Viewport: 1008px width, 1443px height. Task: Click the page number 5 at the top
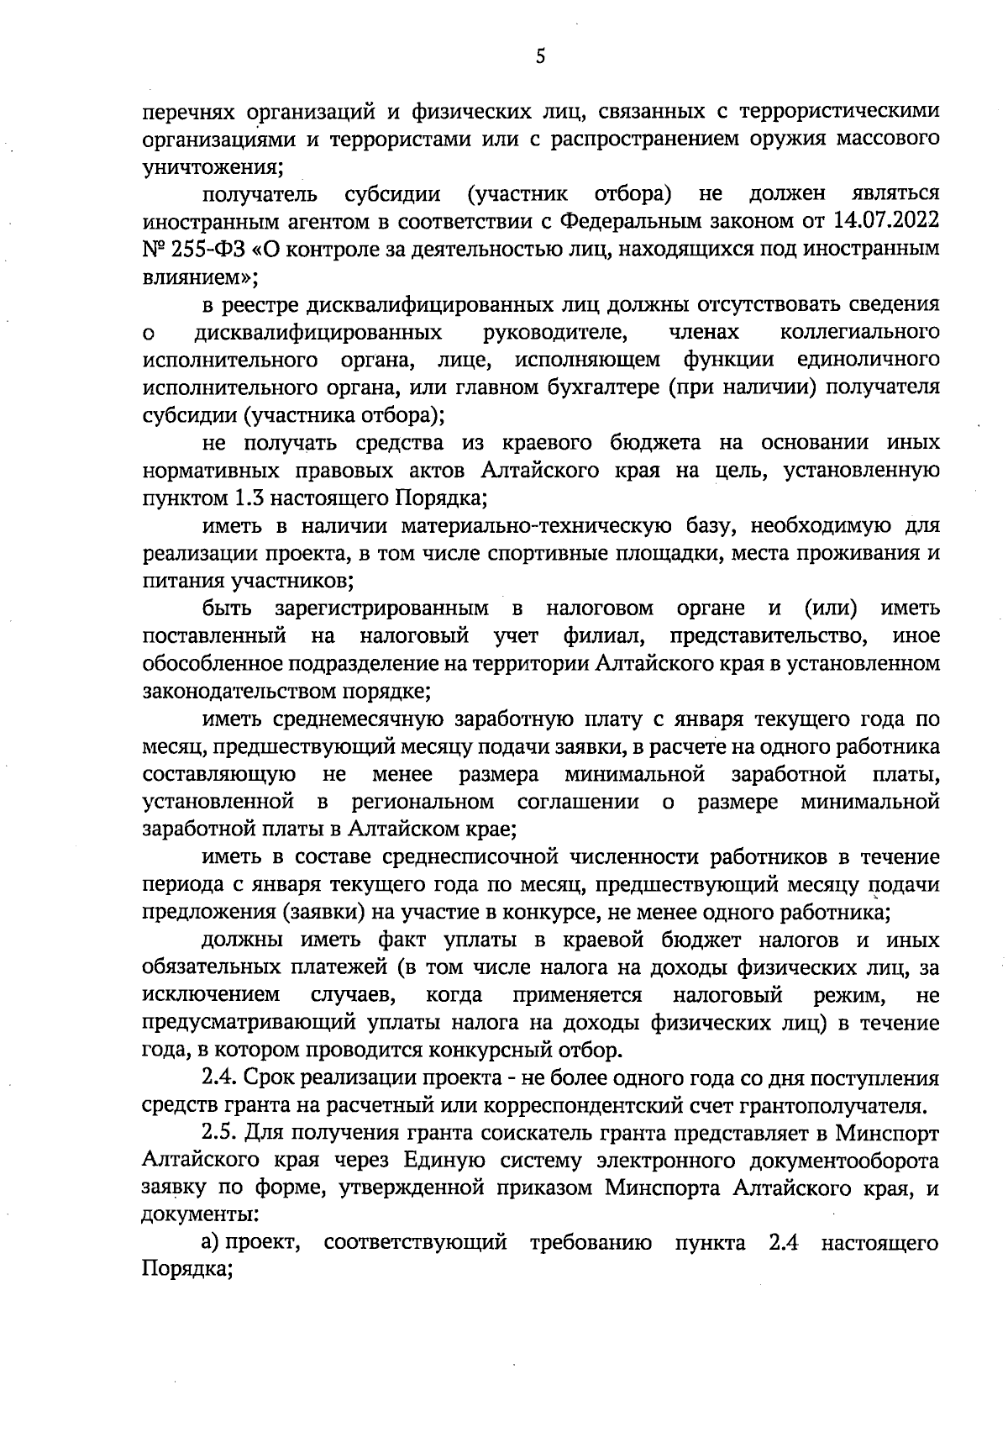pos(540,56)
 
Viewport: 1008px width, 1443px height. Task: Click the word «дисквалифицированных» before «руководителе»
pos(318,332)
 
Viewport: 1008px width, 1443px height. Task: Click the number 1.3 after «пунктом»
pos(248,498)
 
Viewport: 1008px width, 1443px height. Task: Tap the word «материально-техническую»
pos(536,526)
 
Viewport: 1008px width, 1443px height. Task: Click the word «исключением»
pos(212,996)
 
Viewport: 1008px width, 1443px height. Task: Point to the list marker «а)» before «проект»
pos(210,1244)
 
